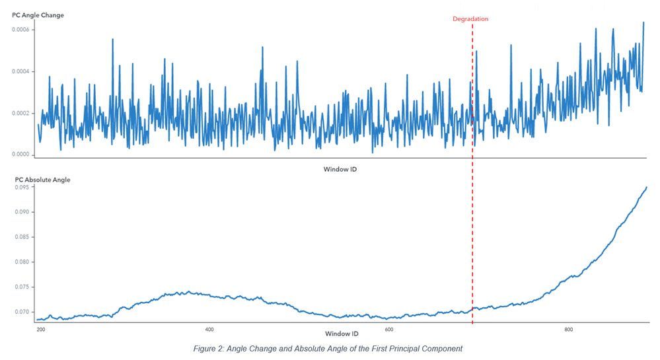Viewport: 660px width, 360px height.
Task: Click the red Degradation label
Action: coord(470,19)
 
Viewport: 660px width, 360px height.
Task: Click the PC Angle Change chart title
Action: coord(38,15)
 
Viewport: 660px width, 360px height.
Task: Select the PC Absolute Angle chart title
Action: coord(42,180)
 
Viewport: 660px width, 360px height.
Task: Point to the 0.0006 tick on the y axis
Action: coord(23,29)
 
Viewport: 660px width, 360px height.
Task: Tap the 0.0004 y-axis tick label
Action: coord(23,71)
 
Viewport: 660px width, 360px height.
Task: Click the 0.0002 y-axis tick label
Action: coord(23,113)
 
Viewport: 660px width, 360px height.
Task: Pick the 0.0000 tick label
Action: coord(23,155)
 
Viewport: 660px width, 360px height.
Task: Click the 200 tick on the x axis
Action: coord(41,329)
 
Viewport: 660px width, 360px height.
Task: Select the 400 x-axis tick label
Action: coord(209,329)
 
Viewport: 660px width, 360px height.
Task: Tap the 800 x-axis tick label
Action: coord(568,329)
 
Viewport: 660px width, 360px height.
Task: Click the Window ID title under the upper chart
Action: coord(340,170)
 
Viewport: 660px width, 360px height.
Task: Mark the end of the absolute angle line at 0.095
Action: coord(646,188)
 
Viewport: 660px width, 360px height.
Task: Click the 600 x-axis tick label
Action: coord(389,329)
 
